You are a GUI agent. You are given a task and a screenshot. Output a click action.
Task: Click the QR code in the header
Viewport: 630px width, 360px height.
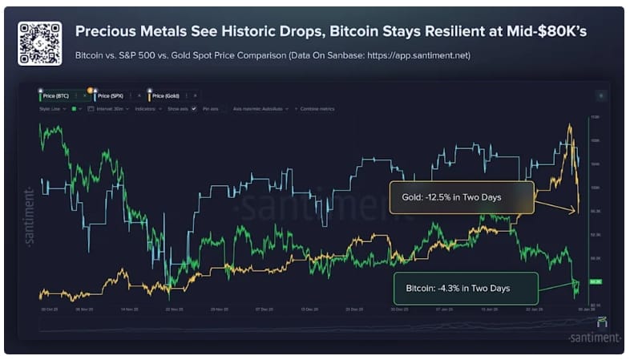coord(39,42)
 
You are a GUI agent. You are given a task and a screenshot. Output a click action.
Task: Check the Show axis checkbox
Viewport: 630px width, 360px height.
coord(194,108)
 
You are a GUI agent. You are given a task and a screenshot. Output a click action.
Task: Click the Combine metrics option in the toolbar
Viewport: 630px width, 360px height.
coord(316,108)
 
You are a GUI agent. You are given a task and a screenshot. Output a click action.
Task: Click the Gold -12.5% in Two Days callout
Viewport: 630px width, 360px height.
coord(461,196)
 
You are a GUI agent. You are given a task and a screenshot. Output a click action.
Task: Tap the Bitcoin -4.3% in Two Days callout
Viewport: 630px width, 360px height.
coord(464,288)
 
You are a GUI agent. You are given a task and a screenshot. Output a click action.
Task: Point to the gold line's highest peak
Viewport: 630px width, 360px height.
coord(569,126)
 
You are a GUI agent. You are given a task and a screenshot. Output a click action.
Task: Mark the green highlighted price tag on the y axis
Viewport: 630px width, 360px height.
coord(595,282)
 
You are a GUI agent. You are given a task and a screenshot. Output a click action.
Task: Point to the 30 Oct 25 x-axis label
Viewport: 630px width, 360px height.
coord(49,309)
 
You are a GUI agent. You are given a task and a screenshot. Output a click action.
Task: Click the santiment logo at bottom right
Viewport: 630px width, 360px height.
coord(593,338)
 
